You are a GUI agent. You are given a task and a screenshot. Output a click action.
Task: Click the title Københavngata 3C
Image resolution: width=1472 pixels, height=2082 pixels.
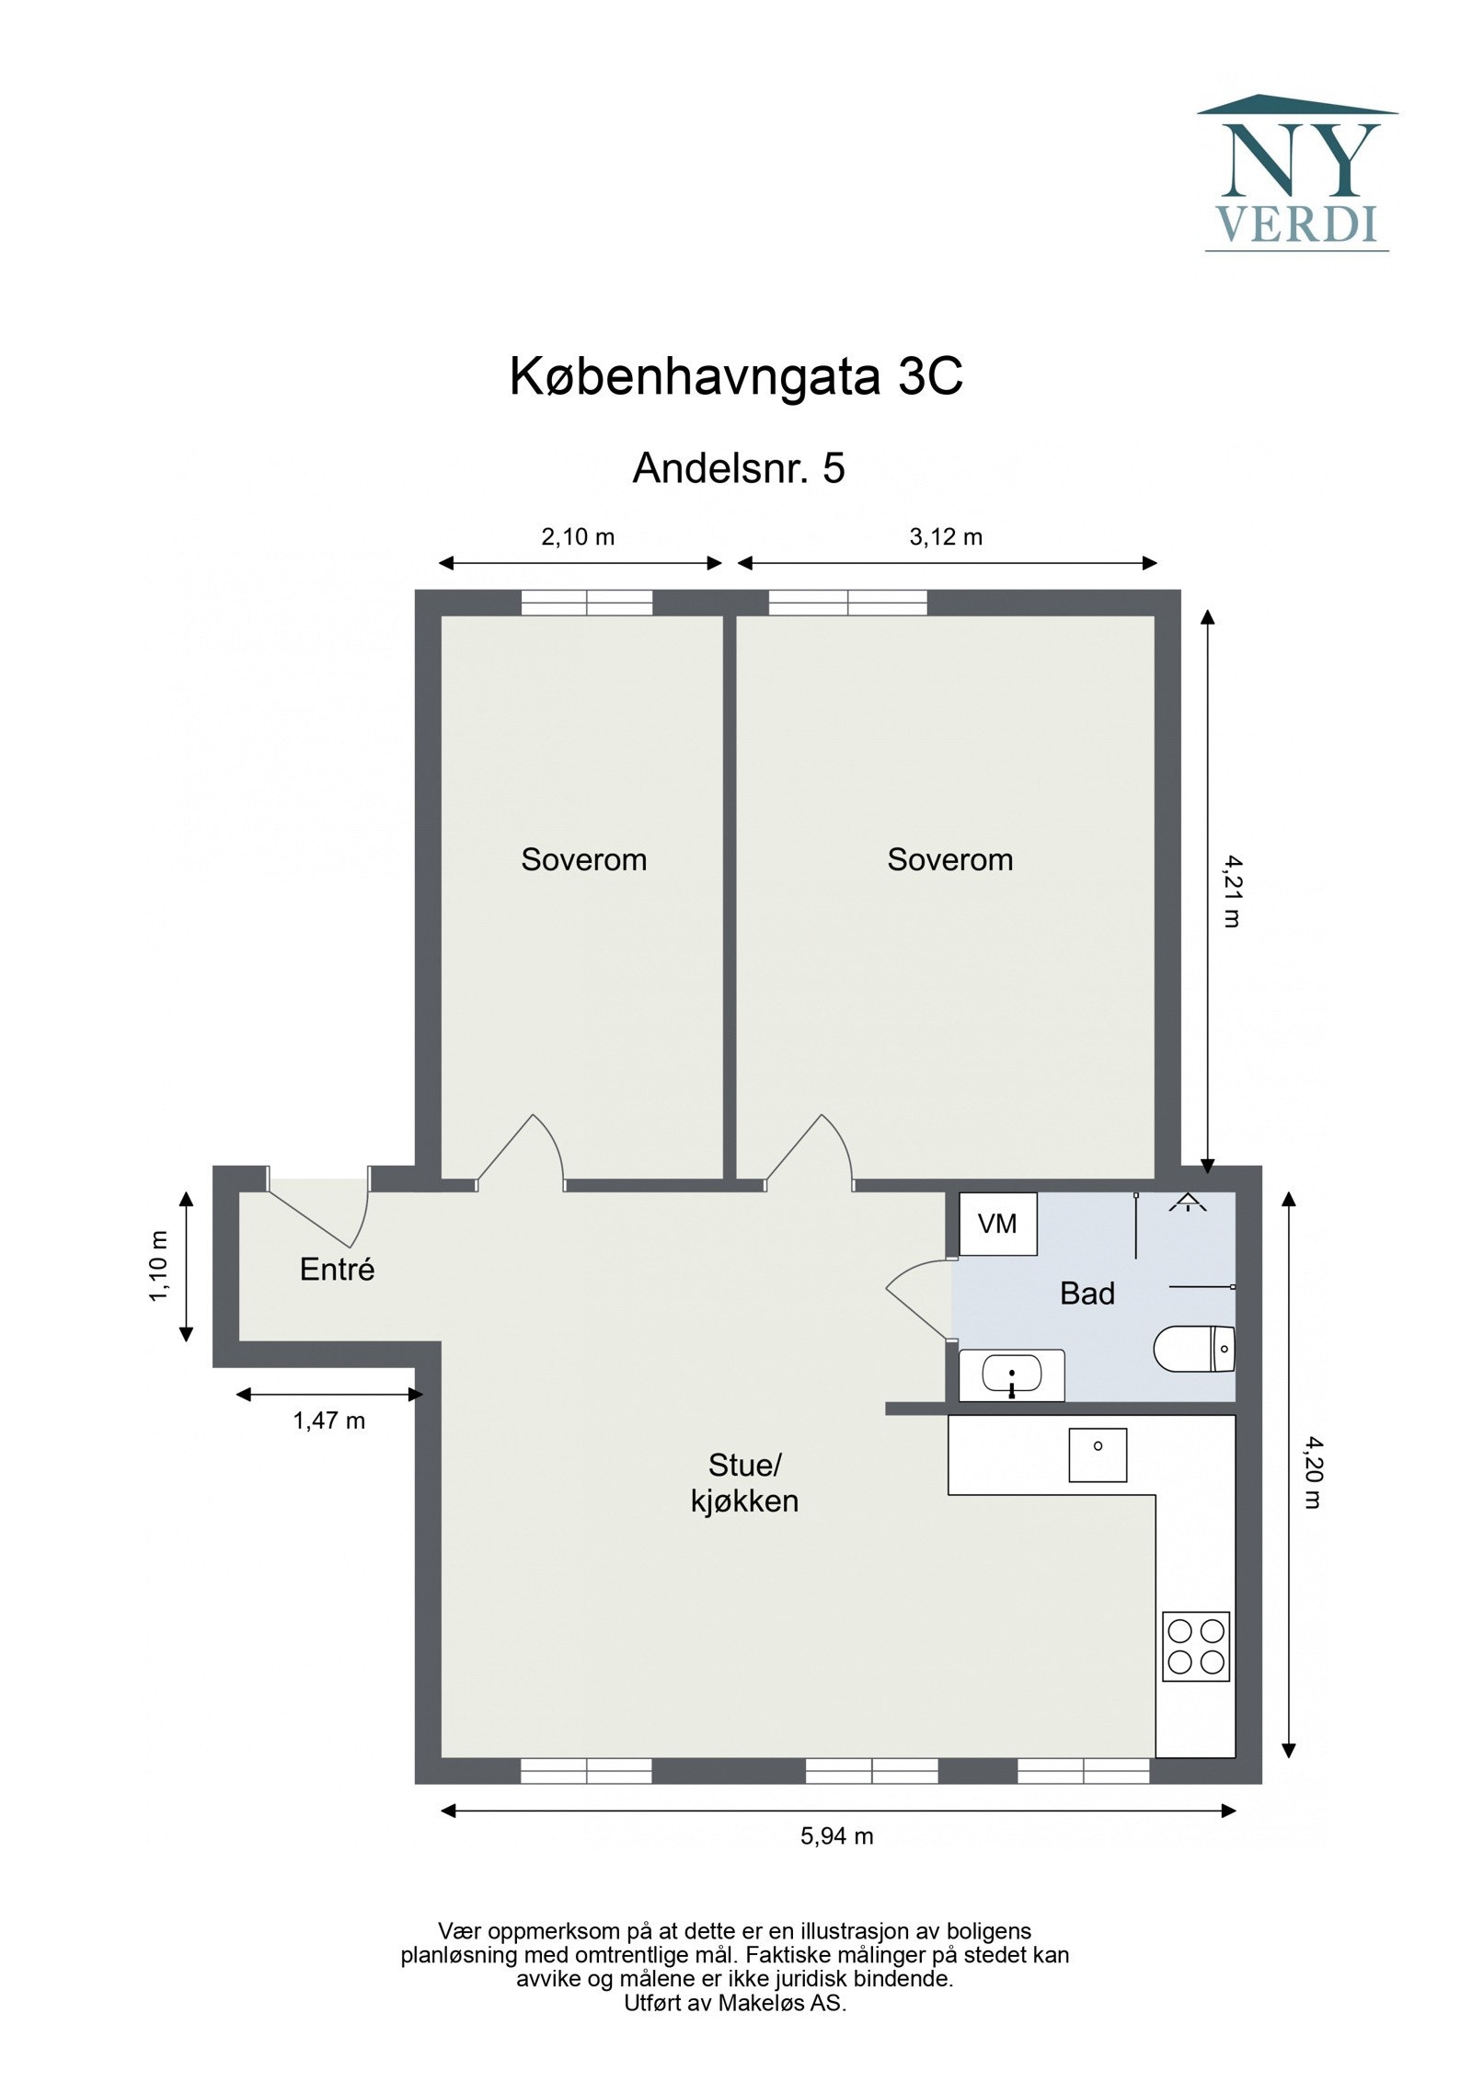736,376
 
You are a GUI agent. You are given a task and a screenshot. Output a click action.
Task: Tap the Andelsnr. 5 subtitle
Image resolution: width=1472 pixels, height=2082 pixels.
738,468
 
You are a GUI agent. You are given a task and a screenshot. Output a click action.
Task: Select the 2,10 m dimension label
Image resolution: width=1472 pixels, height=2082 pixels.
577,536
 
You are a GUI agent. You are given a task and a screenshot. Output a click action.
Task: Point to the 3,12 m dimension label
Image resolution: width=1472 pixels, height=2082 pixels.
945,536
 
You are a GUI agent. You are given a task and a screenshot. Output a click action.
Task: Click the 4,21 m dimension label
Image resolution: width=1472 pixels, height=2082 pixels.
1231,891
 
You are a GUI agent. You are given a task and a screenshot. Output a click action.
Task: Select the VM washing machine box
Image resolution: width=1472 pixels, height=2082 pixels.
997,1224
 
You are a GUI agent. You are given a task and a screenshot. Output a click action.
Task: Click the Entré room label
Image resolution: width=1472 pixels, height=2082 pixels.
337,1270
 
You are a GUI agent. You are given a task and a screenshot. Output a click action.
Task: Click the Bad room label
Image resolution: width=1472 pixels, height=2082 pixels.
1087,1294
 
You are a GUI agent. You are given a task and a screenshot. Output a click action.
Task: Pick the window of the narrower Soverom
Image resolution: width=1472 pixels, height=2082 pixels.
586,603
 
